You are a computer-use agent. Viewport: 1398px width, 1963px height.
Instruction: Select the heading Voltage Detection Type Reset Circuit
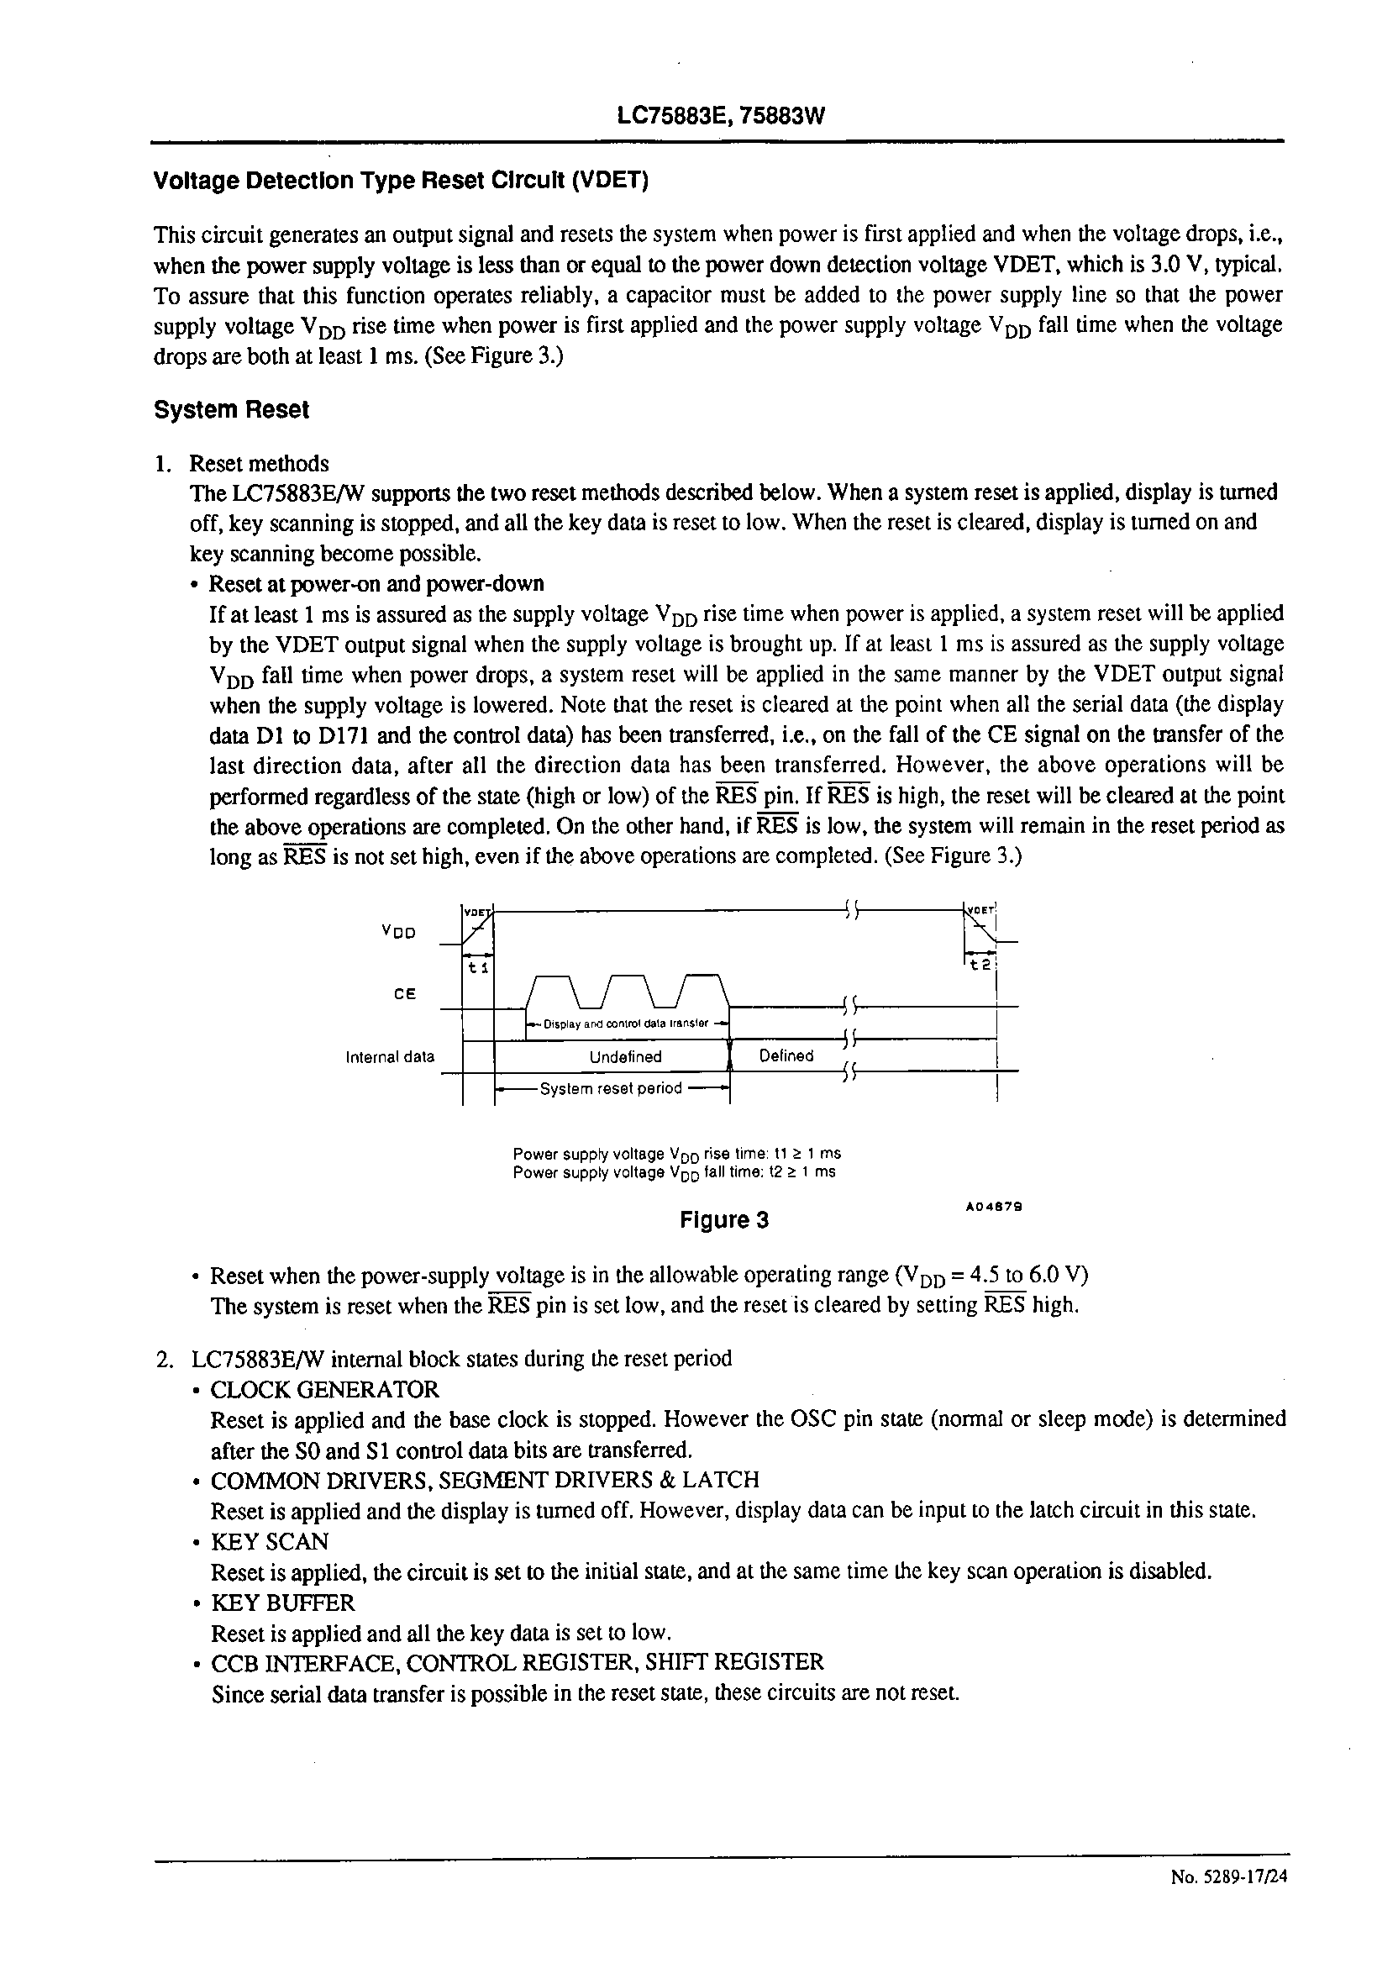(x=400, y=181)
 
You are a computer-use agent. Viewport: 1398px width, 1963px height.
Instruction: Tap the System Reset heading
(x=231, y=410)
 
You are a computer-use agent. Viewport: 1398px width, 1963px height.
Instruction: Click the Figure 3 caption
(x=724, y=1220)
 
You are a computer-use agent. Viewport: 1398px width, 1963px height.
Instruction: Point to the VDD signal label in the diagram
(x=399, y=932)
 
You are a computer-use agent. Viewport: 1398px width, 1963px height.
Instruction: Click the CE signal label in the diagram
(x=405, y=993)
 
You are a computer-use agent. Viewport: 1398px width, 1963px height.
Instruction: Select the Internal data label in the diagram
(x=390, y=1057)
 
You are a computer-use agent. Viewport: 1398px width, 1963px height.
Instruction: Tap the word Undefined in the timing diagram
(x=626, y=1057)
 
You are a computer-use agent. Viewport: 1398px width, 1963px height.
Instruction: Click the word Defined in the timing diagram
(x=786, y=1055)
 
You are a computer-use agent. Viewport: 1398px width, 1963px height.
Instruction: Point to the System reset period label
(x=610, y=1088)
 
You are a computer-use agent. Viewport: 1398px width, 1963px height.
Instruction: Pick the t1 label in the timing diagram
(x=478, y=968)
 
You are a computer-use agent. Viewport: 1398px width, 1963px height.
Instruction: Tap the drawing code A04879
(x=993, y=1207)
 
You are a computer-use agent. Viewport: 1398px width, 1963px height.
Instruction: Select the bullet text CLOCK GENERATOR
(x=324, y=1390)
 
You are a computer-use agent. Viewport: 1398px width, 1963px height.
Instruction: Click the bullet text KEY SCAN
(x=270, y=1541)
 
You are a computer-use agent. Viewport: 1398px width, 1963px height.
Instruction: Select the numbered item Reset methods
(x=258, y=464)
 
